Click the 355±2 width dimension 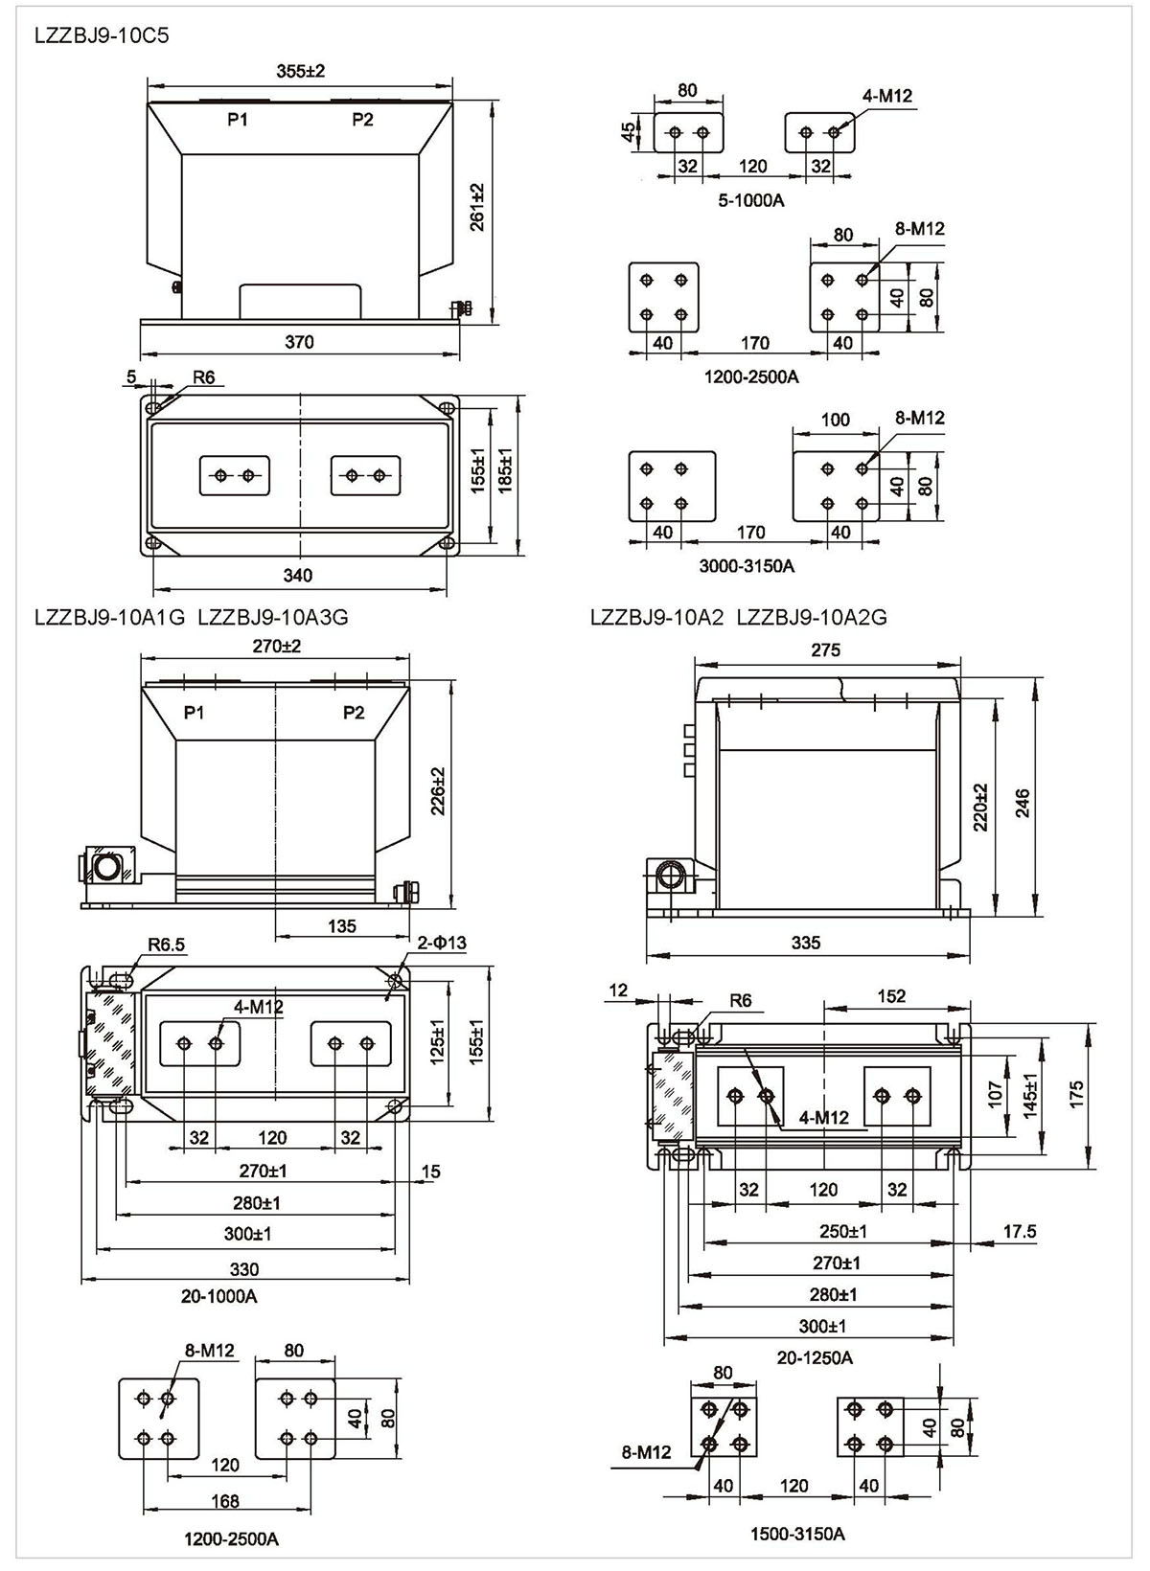click(300, 71)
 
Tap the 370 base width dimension click(299, 342)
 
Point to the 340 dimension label click(297, 575)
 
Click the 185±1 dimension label click(505, 470)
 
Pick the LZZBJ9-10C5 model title click(102, 35)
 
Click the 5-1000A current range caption click(750, 200)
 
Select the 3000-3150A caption click(747, 565)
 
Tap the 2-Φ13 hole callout click(442, 942)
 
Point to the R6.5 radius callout click(167, 945)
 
